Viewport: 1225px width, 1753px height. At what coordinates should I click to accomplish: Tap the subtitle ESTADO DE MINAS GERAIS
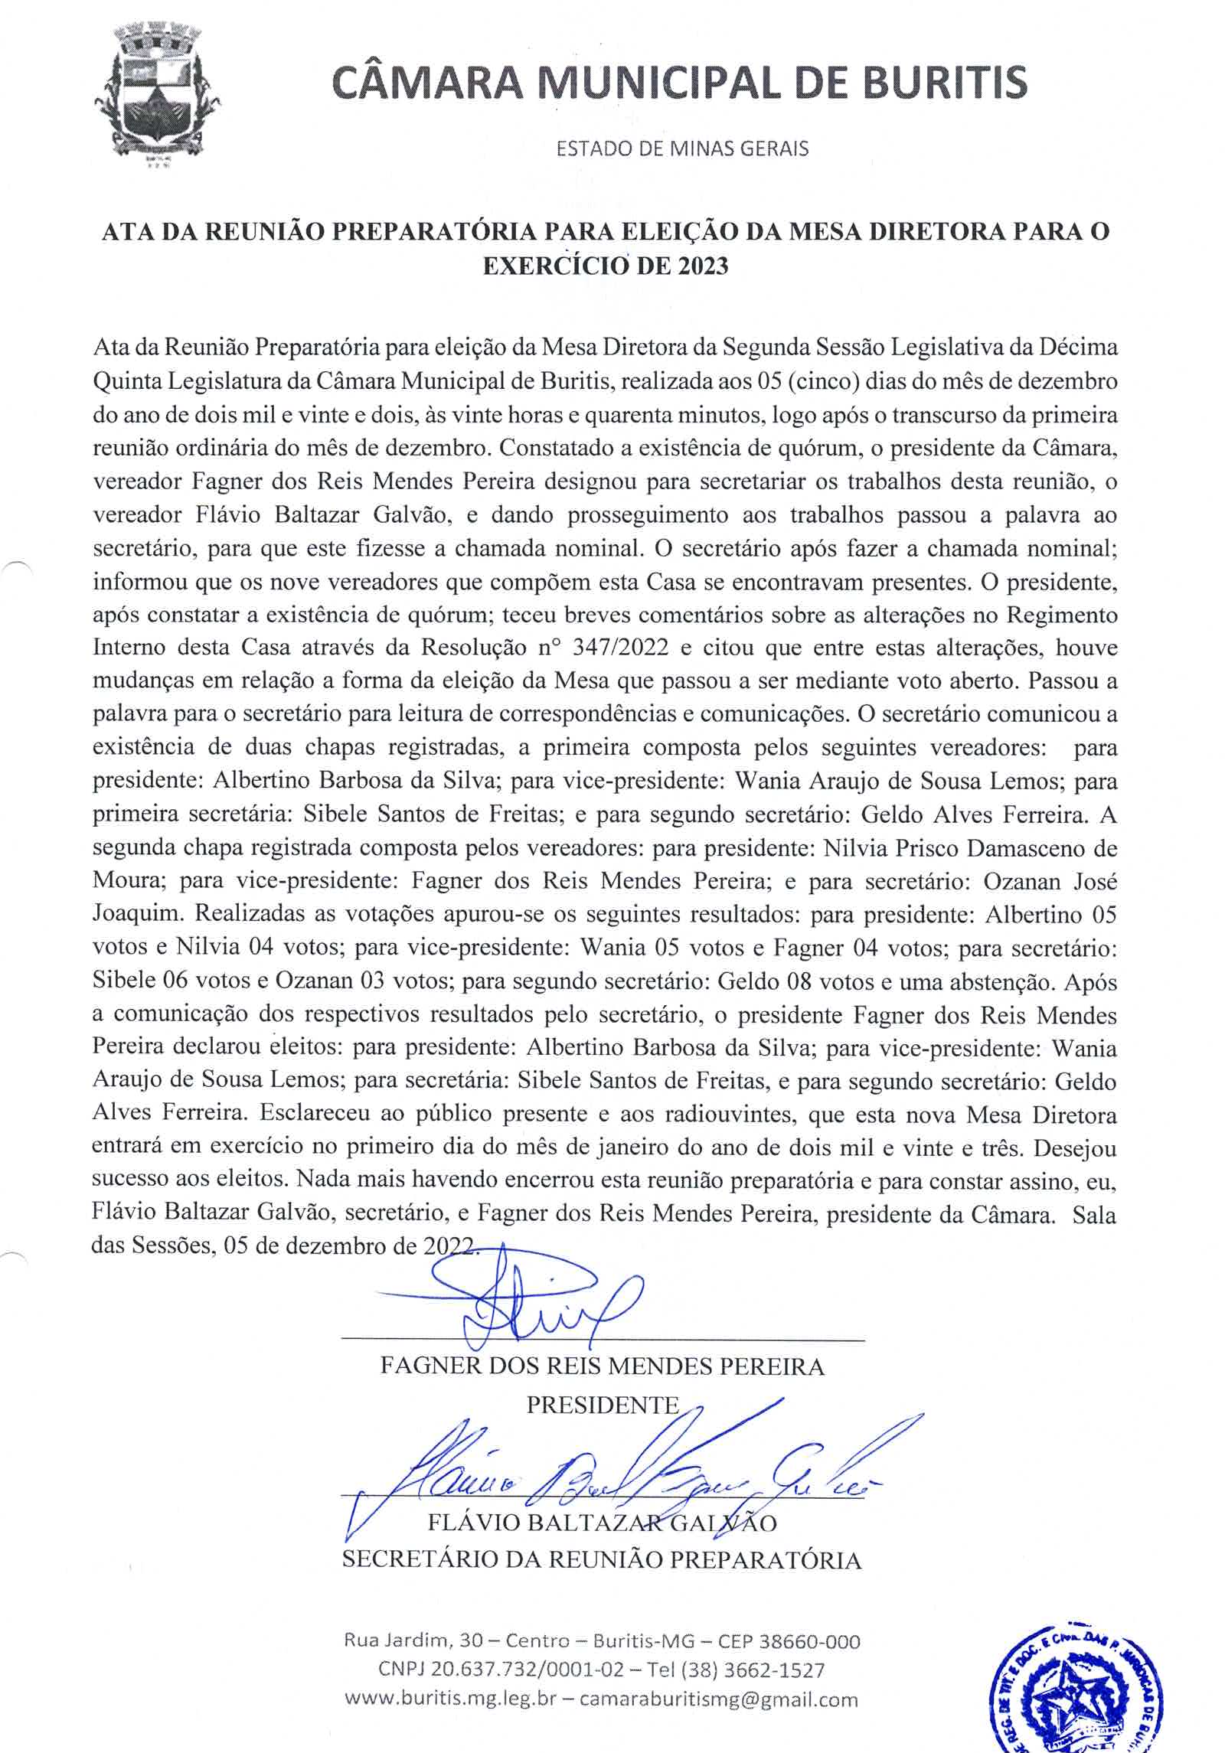pos(682,149)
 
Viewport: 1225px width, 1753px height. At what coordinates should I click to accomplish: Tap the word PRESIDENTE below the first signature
pos(603,1405)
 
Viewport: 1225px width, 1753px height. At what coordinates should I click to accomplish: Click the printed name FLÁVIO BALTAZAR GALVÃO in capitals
pos(602,1523)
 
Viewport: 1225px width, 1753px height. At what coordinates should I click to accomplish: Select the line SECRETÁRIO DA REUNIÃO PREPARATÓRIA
pos(602,1559)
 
